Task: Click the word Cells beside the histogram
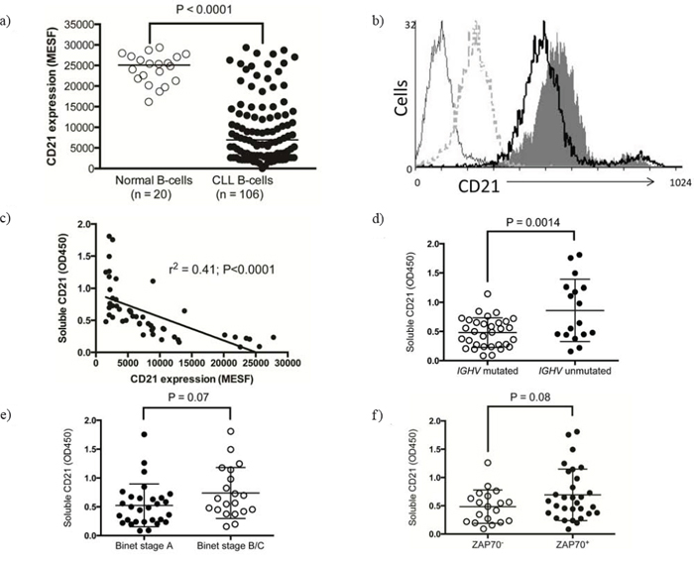(x=402, y=100)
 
